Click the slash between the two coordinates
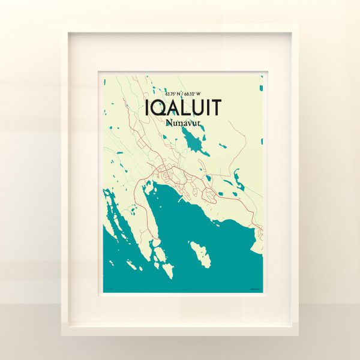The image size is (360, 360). point(182,94)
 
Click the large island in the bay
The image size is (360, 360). point(200,253)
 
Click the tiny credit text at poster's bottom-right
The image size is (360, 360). point(256,290)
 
